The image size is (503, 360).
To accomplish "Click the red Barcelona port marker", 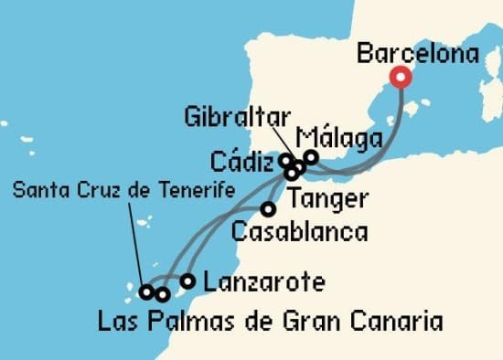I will (400, 77).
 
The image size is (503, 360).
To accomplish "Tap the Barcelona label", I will (417, 54).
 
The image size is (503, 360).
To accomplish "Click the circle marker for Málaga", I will (311, 157).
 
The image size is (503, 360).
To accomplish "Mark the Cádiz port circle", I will (286, 161).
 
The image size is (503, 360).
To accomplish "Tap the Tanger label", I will (326, 198).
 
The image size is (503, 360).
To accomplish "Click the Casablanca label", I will (300, 231).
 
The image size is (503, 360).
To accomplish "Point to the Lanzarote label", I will (262, 281).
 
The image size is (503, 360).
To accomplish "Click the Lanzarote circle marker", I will (187, 281).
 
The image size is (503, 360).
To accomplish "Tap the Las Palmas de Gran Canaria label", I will (270, 322).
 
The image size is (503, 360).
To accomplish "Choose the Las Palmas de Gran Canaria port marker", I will (162, 293).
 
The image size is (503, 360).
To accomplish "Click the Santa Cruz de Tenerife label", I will (123, 189).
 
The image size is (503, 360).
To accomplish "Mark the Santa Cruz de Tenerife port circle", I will (145, 292).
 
